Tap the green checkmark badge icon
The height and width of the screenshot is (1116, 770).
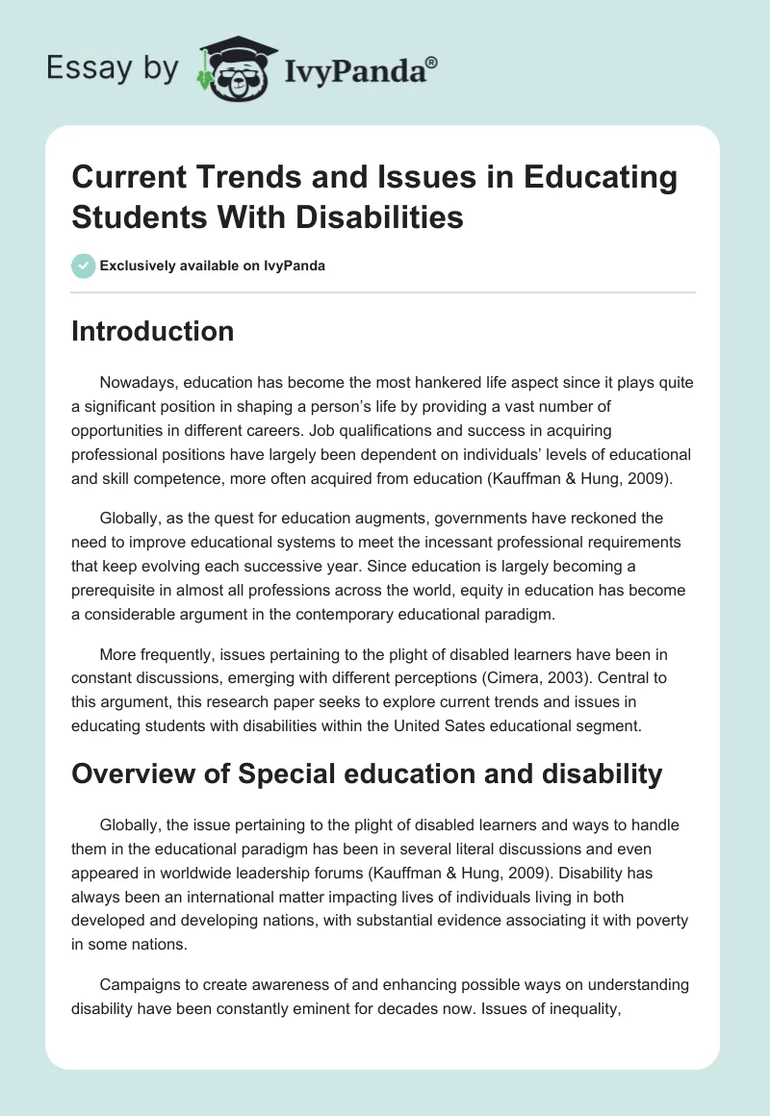[x=83, y=266]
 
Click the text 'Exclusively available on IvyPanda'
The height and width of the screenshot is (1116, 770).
[x=212, y=266]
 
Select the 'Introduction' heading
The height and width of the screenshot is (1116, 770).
[x=153, y=331]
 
